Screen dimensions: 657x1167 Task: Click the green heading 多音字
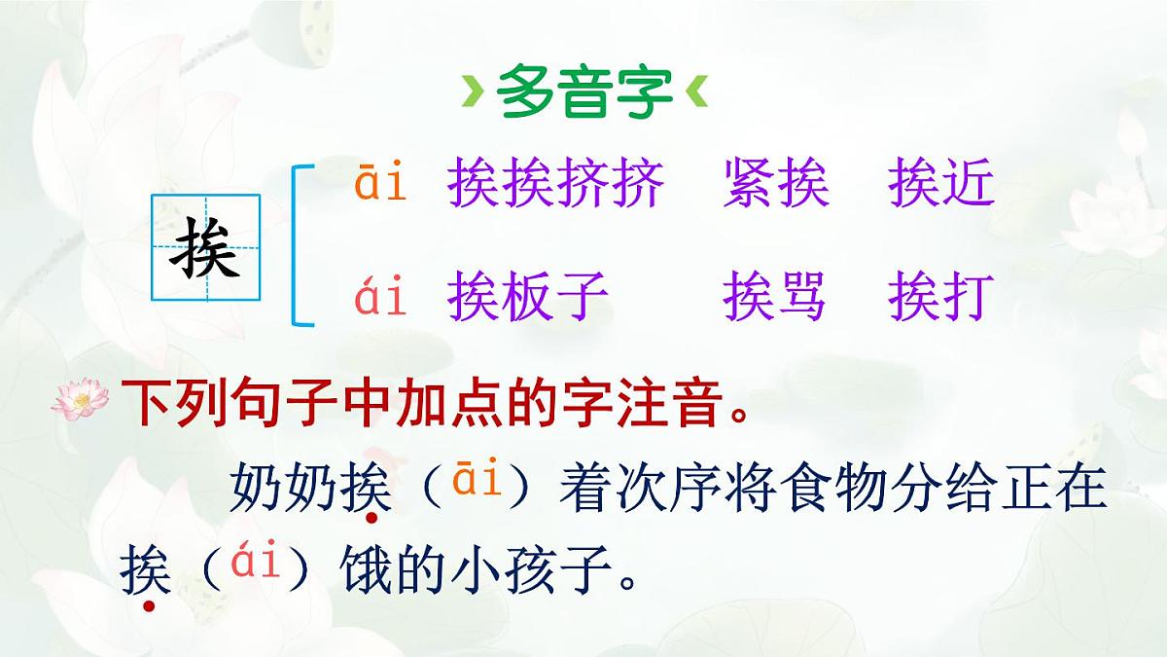583,92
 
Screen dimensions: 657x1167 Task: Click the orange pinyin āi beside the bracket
379,184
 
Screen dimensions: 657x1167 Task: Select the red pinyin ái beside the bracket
379,296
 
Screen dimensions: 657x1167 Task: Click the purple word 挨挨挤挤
555,184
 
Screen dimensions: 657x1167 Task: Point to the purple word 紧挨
776,184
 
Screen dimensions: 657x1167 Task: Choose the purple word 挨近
941,184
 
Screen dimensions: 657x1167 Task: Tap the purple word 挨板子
528,296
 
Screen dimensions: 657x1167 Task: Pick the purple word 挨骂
776,296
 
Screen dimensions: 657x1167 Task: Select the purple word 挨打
941,296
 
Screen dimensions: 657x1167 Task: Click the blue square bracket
302,245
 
